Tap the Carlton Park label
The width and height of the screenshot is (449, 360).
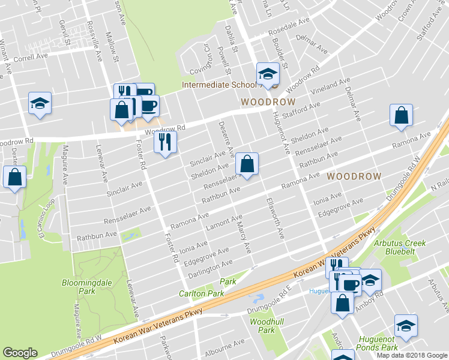click(201, 293)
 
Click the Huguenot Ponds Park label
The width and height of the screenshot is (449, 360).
click(378, 343)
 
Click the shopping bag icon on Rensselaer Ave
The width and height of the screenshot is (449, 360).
click(247, 163)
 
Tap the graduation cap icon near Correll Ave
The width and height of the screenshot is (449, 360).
click(40, 103)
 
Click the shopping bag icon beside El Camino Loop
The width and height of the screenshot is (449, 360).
click(14, 177)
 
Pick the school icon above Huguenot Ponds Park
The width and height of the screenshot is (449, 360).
click(406, 325)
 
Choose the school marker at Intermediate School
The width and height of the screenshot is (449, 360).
click(268, 74)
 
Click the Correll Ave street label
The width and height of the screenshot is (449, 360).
click(30, 57)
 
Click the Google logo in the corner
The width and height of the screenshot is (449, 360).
click(20, 353)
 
